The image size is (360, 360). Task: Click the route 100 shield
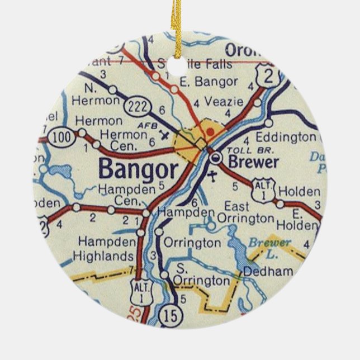pos(59,136)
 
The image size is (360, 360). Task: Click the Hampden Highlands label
pos(106,249)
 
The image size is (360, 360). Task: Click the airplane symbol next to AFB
pos(164,134)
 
